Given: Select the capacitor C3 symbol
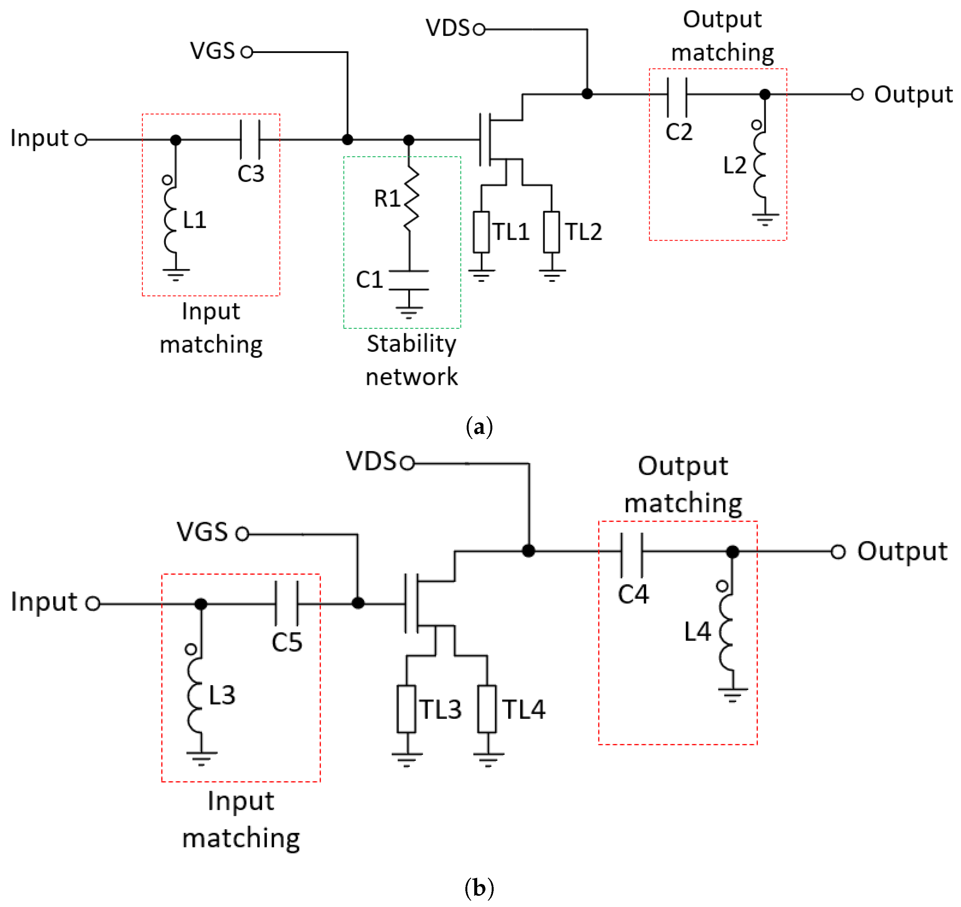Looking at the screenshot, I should pyautogui.click(x=250, y=140).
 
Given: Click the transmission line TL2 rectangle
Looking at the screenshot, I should pyautogui.click(x=552, y=232).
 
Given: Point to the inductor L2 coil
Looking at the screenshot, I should pyautogui.click(x=760, y=165).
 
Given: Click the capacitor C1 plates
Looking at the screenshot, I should pyautogui.click(x=409, y=280).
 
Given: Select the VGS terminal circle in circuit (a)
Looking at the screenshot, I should pyautogui.click(x=247, y=52).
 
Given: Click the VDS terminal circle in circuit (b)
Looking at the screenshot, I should pyautogui.click(x=407, y=463).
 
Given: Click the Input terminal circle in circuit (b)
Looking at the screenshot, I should pyautogui.click(x=93, y=603).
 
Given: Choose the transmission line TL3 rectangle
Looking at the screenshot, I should pyautogui.click(x=406, y=709).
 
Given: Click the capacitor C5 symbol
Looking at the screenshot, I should pyautogui.click(x=287, y=603).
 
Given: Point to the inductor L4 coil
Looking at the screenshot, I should pyautogui.click(x=727, y=632).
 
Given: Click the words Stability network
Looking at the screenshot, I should pyautogui.click(x=411, y=360).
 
